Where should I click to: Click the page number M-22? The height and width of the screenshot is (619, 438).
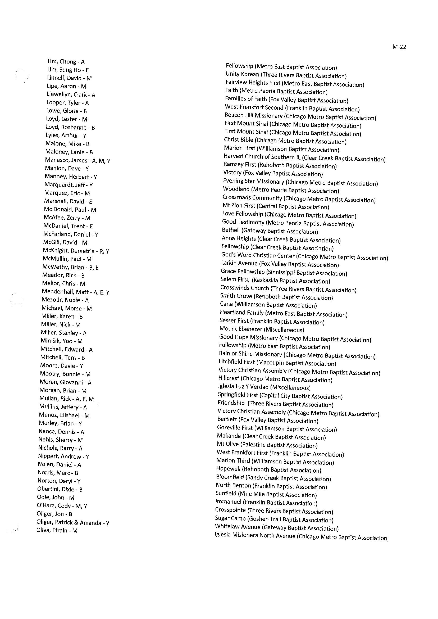coord(399,47)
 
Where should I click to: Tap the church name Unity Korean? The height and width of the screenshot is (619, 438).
coord(242,74)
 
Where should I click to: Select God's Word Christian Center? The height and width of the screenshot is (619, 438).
coord(258,255)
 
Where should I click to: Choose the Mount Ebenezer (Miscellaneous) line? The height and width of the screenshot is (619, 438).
coord(262,329)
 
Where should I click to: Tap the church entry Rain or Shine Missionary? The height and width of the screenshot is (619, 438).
coord(250,354)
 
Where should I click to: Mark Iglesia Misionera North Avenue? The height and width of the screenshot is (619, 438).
coord(255,535)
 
